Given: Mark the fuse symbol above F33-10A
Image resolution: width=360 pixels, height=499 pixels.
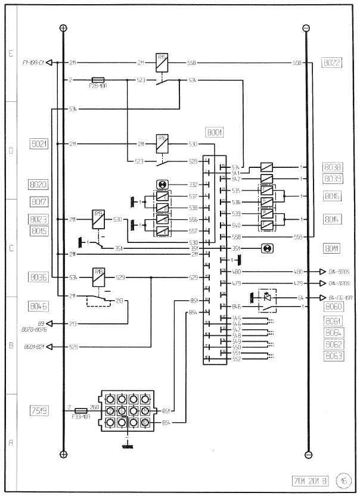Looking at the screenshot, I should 82,410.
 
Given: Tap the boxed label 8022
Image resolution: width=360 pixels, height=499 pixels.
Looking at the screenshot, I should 331,62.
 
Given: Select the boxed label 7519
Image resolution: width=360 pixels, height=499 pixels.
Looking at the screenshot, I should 39,410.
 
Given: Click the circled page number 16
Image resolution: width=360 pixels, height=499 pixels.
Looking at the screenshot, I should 343,481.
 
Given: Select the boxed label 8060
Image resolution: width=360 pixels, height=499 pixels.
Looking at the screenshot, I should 333,307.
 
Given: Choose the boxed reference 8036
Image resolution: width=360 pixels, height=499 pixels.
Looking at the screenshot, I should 39,276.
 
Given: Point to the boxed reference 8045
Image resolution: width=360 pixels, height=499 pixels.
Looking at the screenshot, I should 39,306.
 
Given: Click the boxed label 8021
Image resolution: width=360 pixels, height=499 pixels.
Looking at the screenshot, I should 39,144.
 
